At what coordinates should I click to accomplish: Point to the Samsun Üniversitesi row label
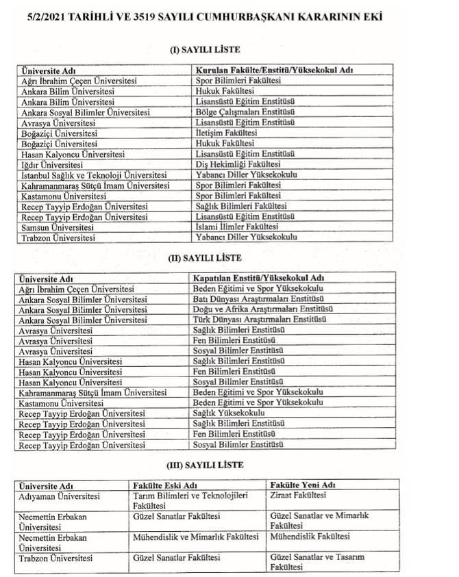(55, 227)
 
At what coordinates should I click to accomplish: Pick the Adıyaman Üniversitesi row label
(60, 496)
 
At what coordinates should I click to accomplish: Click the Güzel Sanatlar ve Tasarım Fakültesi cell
(317, 562)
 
